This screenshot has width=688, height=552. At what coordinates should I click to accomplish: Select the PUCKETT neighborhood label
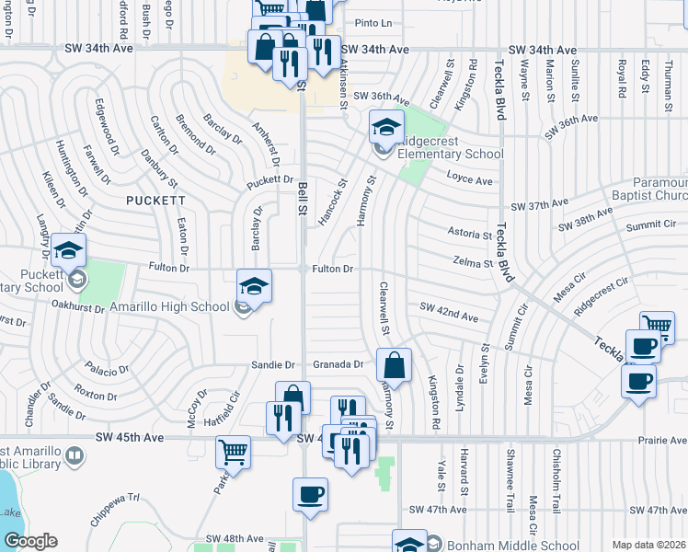(x=156, y=200)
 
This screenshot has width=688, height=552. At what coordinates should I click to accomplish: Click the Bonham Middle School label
(x=513, y=546)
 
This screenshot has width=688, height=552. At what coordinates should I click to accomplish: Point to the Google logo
(x=30, y=542)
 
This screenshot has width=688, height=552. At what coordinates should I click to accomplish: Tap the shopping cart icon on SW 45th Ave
(x=234, y=453)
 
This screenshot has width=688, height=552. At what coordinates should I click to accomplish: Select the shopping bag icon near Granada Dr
(x=394, y=365)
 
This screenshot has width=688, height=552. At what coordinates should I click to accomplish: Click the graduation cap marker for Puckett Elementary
(x=69, y=249)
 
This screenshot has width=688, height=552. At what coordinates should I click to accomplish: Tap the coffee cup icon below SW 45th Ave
(x=310, y=494)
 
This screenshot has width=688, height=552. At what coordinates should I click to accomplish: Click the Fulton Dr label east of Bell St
(x=333, y=269)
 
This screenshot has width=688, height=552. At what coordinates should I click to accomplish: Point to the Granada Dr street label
(x=338, y=364)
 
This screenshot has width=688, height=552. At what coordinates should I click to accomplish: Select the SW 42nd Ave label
(x=449, y=312)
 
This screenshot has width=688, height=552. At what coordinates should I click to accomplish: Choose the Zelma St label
(x=474, y=263)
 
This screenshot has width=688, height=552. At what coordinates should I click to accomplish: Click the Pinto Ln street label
(x=373, y=23)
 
